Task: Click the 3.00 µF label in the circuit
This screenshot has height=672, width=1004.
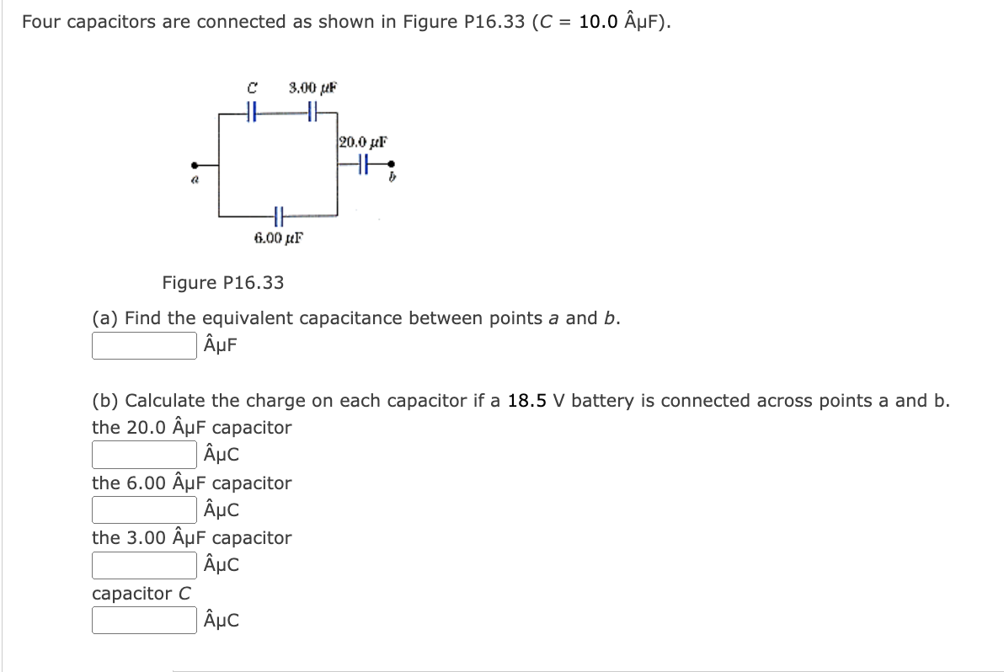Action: (x=312, y=88)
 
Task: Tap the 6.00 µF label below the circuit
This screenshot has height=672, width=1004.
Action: (x=278, y=237)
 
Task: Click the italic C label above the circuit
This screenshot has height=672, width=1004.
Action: (x=251, y=88)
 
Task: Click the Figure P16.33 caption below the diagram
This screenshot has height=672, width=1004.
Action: (x=223, y=283)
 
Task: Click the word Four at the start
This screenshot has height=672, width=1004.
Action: (x=40, y=22)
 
